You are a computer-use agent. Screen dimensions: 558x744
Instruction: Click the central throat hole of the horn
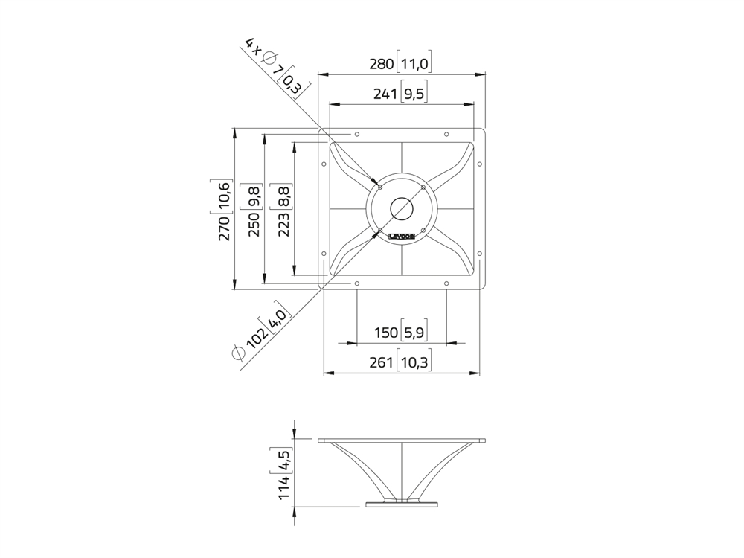[x=402, y=208]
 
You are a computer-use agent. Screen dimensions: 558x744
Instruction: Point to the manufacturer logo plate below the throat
[x=402, y=236]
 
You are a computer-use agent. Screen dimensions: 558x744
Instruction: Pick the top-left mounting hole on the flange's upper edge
[x=357, y=135]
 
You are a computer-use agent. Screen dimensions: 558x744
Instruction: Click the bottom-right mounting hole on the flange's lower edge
[x=446, y=283]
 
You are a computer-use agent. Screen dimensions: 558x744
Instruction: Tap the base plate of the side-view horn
[x=402, y=504]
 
